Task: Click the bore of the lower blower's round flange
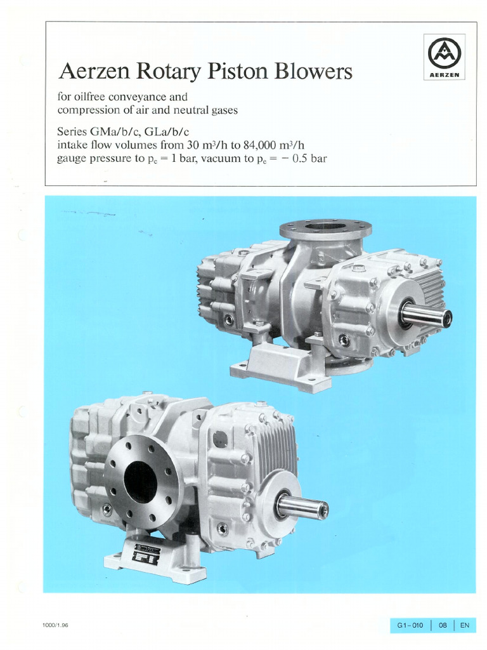coord(140,482)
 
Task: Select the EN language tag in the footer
coord(465,625)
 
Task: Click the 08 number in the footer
coord(443,625)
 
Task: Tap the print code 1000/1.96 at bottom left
coord(56,625)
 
